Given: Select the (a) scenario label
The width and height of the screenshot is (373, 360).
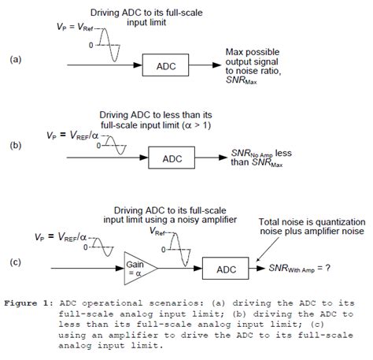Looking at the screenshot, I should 15,59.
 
